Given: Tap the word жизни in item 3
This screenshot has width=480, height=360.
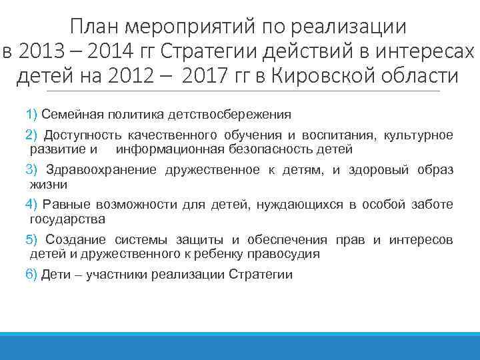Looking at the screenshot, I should pyautogui.click(x=49, y=184).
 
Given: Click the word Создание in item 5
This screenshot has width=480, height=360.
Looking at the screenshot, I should pyautogui.click(x=72, y=239).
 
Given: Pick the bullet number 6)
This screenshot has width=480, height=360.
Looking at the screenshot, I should pyautogui.click(x=31, y=274).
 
